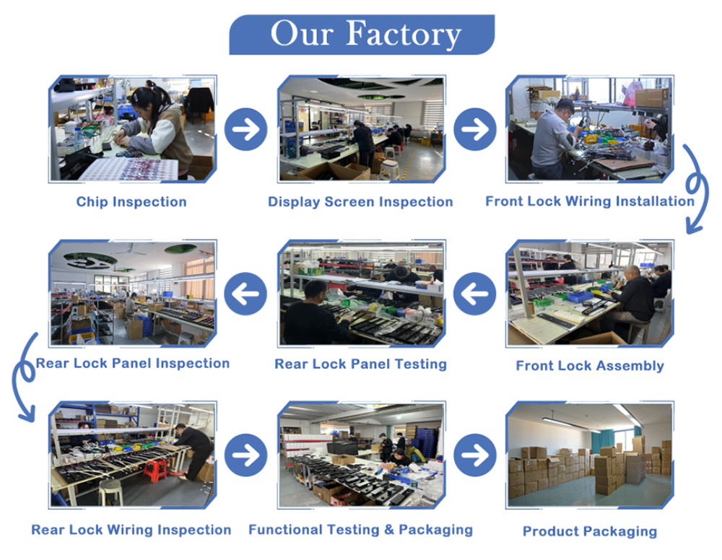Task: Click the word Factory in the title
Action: click(x=403, y=34)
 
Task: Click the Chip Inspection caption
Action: click(x=131, y=201)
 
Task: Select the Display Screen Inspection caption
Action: click(x=360, y=201)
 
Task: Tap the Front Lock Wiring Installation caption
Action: click(x=590, y=201)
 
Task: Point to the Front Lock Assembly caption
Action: click(x=590, y=365)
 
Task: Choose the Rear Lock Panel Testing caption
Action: click(x=360, y=364)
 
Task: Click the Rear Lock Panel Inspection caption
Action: click(x=133, y=363)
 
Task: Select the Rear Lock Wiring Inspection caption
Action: click(x=131, y=530)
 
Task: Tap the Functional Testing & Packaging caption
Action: click(x=360, y=530)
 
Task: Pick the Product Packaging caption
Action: click(x=590, y=531)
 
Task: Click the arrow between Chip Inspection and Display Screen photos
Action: click(x=246, y=129)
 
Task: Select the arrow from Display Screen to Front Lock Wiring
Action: click(x=475, y=129)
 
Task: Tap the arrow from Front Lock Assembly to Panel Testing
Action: click(x=475, y=294)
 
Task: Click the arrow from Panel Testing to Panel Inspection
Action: click(x=245, y=294)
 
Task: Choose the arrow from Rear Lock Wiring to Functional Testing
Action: click(x=246, y=455)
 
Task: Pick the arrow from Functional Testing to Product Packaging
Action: click(x=475, y=455)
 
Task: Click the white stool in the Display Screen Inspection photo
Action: click(x=389, y=169)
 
